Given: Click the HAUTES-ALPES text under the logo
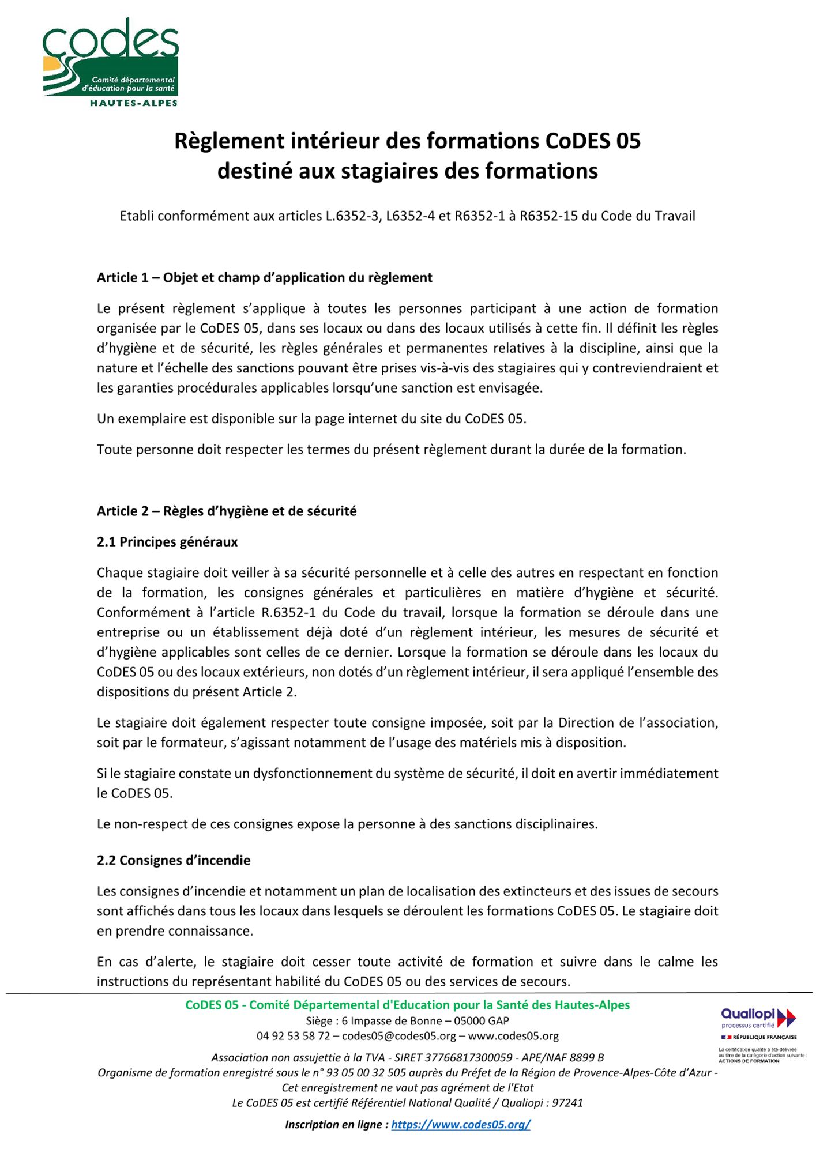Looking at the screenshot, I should [133, 103].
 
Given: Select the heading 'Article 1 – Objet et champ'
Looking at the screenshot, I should [264, 278].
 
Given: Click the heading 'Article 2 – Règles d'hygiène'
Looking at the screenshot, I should [227, 511].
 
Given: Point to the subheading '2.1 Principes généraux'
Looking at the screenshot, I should [167, 542].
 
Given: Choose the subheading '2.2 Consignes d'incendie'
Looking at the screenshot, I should [174, 861].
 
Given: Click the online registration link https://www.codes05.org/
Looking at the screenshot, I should [460, 1124].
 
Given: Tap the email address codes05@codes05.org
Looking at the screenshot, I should [399, 1036].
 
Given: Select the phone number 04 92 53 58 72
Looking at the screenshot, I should [293, 1036].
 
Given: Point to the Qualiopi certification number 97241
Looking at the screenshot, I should [567, 1103].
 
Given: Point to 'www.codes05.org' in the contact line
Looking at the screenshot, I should [513, 1036].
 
